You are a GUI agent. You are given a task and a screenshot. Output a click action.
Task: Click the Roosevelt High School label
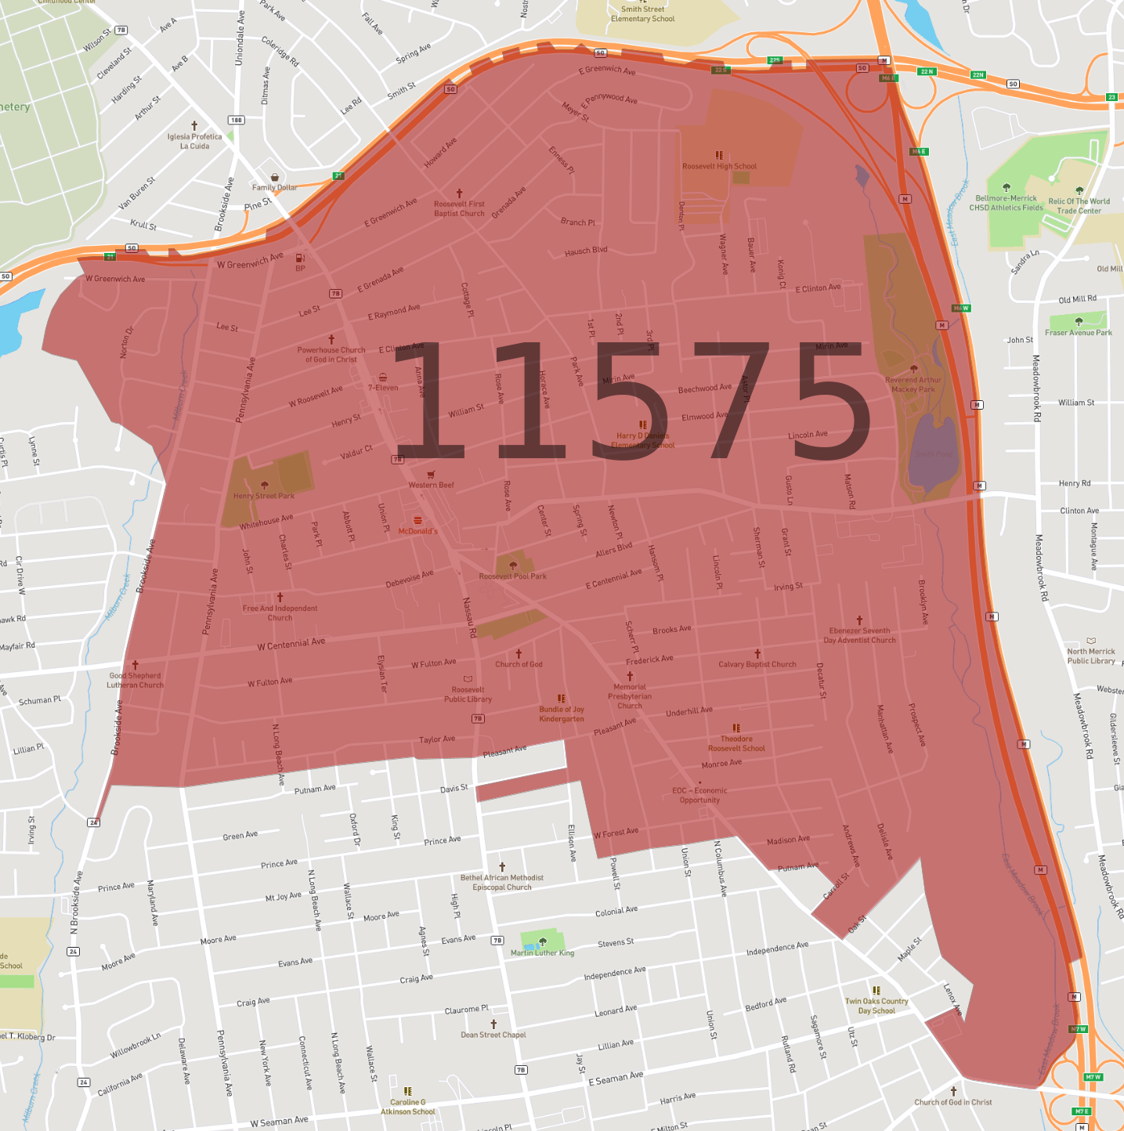(x=719, y=166)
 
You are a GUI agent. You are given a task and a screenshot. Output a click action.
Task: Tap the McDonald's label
(x=417, y=531)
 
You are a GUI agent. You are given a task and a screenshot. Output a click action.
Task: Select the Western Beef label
(x=431, y=485)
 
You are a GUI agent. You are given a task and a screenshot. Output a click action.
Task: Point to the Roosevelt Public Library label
(x=468, y=695)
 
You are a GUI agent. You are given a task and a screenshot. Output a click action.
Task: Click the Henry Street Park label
(x=264, y=496)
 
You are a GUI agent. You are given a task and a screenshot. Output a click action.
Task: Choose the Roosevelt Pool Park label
(x=513, y=576)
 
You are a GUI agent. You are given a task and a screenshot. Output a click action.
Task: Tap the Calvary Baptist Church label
(x=757, y=664)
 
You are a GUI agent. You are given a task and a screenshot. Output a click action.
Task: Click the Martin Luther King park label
(x=542, y=953)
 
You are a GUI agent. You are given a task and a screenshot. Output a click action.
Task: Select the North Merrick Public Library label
(x=1091, y=656)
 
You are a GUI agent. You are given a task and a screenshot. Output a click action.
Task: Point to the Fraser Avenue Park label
(x=1079, y=333)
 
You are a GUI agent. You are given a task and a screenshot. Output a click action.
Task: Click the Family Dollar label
(x=274, y=187)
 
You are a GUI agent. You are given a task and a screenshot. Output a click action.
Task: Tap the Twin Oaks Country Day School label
(x=876, y=1006)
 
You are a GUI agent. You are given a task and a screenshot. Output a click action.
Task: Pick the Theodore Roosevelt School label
(x=736, y=743)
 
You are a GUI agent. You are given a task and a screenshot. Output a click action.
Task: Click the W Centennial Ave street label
(x=291, y=644)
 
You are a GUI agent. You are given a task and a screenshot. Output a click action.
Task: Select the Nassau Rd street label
(x=469, y=617)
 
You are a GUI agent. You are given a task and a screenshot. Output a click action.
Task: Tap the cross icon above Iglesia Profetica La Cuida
(x=194, y=125)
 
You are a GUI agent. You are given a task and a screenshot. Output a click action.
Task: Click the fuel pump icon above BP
(x=299, y=258)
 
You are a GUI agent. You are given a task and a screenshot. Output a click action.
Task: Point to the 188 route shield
(x=236, y=120)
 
